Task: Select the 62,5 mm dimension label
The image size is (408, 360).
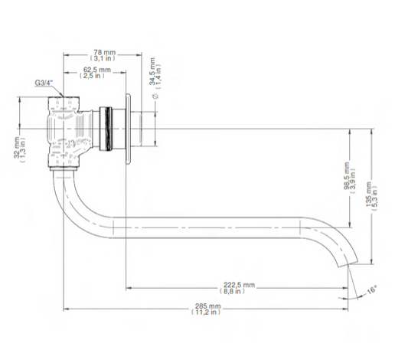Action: click(x=97, y=70)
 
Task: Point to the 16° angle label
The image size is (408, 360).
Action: click(x=370, y=291)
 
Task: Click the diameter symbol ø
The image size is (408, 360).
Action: click(x=156, y=98)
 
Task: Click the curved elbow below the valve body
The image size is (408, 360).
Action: click(x=65, y=191)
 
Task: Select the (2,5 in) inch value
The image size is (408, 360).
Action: click(x=97, y=77)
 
